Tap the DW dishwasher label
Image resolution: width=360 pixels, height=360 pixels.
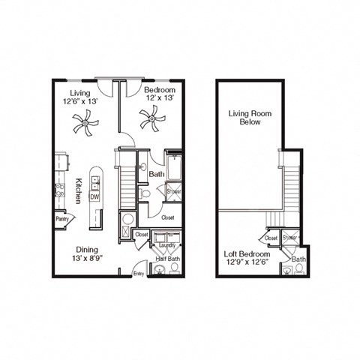pos(94,196)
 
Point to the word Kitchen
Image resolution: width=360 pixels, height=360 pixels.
pos(79,190)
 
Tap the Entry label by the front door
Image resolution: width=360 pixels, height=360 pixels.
pos(139,274)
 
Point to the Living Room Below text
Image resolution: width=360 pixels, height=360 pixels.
pos(250,118)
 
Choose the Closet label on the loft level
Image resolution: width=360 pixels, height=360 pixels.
pos(271,238)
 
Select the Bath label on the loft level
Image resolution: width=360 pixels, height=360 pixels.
pos(298,259)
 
